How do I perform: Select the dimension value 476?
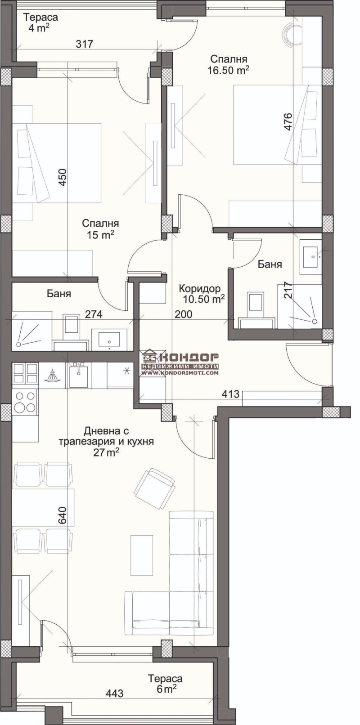288,121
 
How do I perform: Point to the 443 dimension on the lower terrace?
115,693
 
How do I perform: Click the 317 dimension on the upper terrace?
85,44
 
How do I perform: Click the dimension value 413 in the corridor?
230,394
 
